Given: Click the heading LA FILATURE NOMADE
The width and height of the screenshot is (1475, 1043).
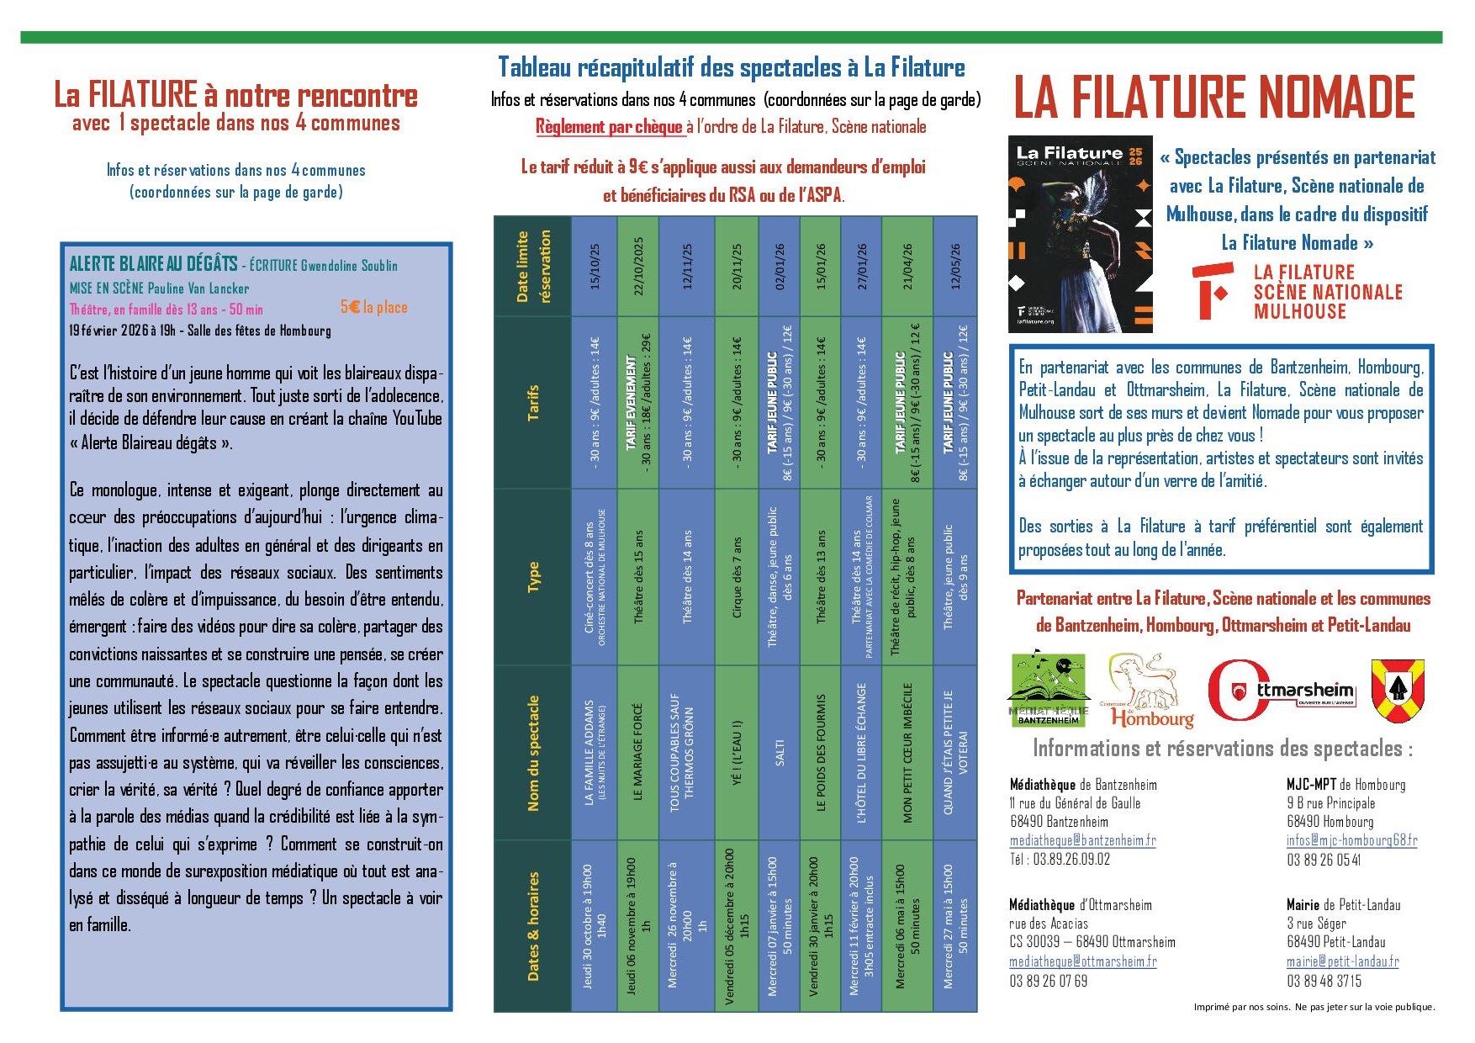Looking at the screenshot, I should coord(1214,97).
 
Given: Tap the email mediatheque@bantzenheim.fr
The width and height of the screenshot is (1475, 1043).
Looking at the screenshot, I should coord(1082,840).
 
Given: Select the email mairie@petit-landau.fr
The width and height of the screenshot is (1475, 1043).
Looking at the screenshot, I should coord(1342,961).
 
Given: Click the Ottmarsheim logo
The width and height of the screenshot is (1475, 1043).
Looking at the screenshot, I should coord(1281,691).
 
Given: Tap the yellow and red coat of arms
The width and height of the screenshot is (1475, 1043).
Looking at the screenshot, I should coord(1397,691).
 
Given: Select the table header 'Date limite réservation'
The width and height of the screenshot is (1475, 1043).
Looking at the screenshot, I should coord(533,266).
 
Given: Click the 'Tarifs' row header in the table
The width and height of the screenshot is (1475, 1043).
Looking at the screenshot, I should coord(533,402).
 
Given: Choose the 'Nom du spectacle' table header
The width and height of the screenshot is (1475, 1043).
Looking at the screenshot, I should coord(533,753).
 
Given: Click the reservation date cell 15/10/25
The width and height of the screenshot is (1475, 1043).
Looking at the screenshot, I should coord(595,266).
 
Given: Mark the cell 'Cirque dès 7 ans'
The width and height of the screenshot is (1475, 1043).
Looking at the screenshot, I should coord(737,577).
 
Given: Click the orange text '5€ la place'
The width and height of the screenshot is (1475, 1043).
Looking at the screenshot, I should coord(373,308).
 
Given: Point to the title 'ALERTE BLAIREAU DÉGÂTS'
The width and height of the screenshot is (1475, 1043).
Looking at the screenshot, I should coord(153,264).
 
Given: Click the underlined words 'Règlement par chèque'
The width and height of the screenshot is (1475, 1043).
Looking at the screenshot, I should coord(610,127).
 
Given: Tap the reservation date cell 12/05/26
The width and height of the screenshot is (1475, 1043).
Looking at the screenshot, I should coord(955,266).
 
